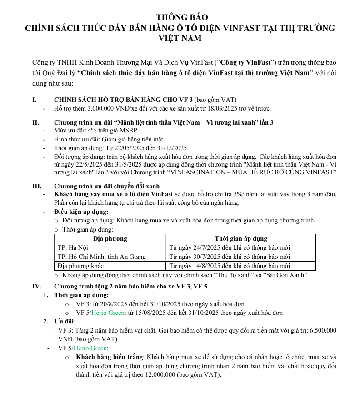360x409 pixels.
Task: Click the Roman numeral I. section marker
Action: (x=35, y=100)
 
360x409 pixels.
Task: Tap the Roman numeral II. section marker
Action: (x=36, y=122)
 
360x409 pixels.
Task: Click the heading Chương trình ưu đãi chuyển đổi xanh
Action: (x=107, y=186)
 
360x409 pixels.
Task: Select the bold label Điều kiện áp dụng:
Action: (x=81, y=212)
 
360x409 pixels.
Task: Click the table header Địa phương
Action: (x=110, y=238)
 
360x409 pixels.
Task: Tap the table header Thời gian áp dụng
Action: (x=241, y=238)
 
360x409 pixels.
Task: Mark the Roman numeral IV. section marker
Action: (x=37, y=286)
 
